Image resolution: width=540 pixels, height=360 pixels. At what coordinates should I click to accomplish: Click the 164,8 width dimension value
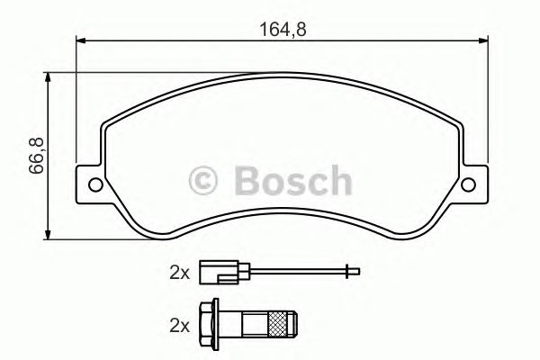(276, 28)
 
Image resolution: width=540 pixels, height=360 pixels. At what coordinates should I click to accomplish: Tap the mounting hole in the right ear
(467, 185)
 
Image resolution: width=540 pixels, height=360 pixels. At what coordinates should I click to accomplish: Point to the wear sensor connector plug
(213, 272)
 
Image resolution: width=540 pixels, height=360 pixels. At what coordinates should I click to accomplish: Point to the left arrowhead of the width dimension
(79, 39)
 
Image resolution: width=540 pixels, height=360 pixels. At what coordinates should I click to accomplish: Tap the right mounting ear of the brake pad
(470, 184)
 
